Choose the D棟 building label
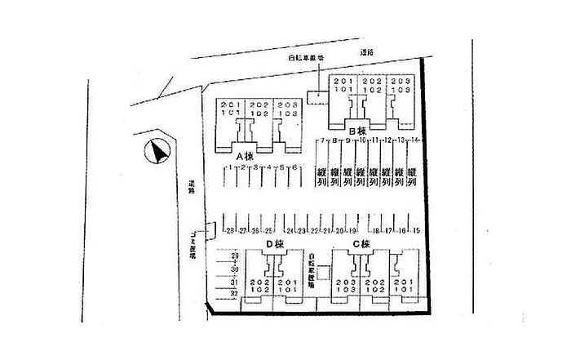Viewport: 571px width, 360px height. click(272, 244)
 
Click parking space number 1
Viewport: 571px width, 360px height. click(232, 167)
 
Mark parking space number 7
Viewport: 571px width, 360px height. click(323, 141)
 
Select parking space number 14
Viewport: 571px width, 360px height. click(414, 141)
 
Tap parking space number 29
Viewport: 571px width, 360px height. click(235, 256)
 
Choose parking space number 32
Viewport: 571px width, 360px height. click(235, 292)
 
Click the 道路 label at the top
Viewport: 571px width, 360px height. click(366, 53)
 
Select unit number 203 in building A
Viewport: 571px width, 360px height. click(285, 105)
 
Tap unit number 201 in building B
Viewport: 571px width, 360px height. click(343, 81)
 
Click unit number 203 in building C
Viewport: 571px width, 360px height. click(343, 282)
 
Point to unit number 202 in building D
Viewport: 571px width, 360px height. click(259, 282)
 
